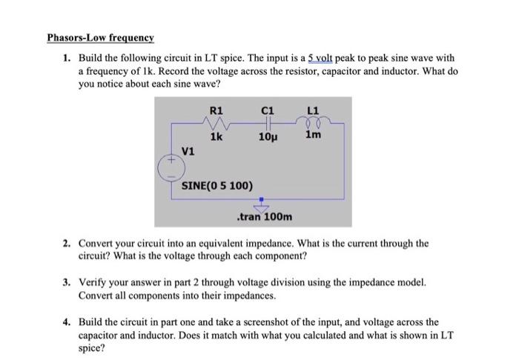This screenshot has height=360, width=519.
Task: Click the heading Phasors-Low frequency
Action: tap(100, 38)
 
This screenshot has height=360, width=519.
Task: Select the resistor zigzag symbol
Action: tap(216, 124)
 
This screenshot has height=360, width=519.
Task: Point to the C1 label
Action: tap(269, 111)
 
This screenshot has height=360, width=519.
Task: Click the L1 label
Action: tap(311, 111)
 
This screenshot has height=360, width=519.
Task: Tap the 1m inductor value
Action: tap(313, 136)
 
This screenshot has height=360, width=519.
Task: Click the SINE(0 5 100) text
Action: tap(216, 184)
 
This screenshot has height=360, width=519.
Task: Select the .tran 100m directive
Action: tap(263, 217)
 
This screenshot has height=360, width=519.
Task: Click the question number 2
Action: tap(67, 243)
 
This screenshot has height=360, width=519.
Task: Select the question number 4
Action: tap(67, 322)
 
